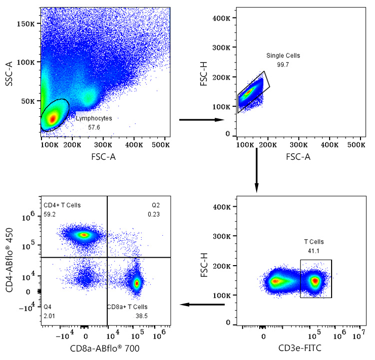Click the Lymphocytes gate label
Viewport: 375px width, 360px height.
(x=94, y=118)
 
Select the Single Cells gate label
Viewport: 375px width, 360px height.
(x=283, y=55)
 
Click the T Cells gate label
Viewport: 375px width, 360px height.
(x=315, y=242)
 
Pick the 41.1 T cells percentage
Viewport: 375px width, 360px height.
(x=315, y=251)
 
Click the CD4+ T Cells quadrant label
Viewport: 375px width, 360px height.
(x=62, y=205)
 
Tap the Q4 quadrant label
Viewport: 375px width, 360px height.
(x=48, y=307)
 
